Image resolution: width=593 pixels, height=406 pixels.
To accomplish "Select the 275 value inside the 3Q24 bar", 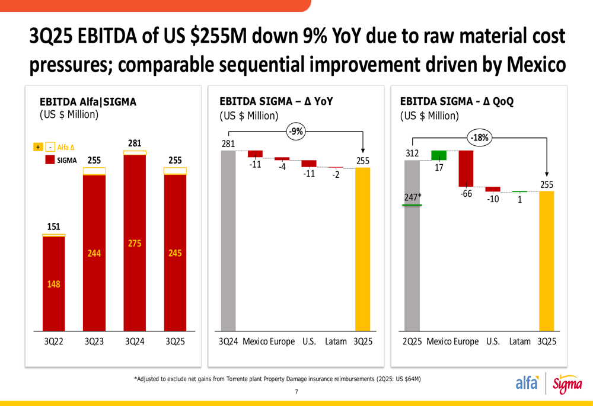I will [x=135, y=243].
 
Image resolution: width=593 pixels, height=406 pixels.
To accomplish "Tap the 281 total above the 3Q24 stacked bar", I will [x=135, y=143].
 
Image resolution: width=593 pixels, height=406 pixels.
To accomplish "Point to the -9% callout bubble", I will [x=296, y=132].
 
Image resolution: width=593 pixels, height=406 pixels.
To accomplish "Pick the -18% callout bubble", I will [x=479, y=138].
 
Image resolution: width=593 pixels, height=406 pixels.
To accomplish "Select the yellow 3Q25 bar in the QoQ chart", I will [x=546, y=261].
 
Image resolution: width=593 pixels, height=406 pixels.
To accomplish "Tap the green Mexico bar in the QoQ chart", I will [x=438, y=155].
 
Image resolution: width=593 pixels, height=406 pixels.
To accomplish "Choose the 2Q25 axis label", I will [x=412, y=342].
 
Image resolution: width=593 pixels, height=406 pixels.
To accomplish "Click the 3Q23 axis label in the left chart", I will [x=94, y=342].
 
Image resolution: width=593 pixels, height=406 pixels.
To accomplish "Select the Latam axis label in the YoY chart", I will [x=336, y=342].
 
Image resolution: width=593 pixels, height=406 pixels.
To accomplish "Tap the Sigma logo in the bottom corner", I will [x=567, y=385].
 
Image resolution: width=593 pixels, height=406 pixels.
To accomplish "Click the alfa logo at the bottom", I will [x=527, y=383].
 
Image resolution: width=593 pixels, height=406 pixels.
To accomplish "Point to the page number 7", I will [x=296, y=392].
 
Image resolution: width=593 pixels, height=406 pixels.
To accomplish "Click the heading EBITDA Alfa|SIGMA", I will [x=88, y=102].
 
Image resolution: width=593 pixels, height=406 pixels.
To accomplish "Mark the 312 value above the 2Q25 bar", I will [x=412, y=154].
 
